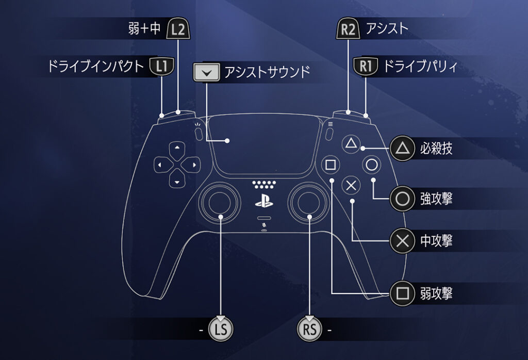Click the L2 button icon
click(178, 29)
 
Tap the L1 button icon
click(162, 66)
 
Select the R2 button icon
click(348, 29)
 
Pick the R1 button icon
click(366, 66)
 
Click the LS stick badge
click(221, 329)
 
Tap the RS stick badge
click(309, 329)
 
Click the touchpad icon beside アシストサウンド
click(206, 72)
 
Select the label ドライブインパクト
click(95, 67)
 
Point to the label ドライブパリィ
click(421, 67)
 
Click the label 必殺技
click(436, 148)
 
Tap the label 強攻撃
click(436, 199)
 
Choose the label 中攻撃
click(436, 241)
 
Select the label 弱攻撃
click(436, 293)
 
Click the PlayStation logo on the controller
click(264, 201)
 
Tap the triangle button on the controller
click(351, 144)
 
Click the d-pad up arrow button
click(177, 150)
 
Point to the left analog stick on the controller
click(220, 202)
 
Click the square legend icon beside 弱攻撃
click(402, 293)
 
